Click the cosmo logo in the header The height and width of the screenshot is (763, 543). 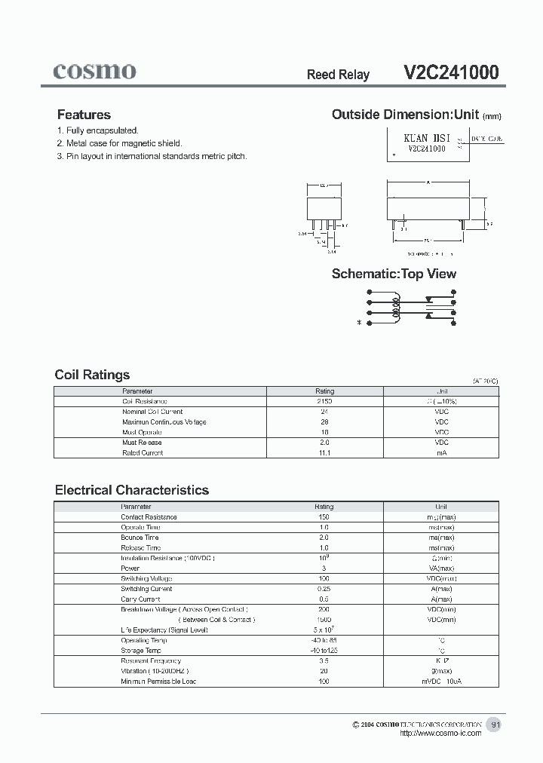click(94, 71)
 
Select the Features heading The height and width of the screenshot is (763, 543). click(84, 115)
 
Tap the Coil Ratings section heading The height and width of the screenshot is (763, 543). click(92, 375)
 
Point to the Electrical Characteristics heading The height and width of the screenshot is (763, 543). click(131, 490)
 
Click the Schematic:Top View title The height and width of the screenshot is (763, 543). click(394, 274)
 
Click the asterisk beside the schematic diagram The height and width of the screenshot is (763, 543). click(360, 323)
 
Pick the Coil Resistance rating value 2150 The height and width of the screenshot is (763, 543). click(324, 402)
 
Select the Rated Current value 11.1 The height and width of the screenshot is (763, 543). click(324, 452)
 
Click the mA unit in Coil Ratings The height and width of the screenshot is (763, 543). click(441, 452)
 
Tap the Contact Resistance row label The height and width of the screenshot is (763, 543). click(149, 517)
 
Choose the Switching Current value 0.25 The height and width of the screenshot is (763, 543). click(324, 589)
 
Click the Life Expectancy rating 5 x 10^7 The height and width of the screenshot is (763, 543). click(324, 629)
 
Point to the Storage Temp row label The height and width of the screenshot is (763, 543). click(141, 650)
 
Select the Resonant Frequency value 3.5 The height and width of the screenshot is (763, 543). click(324, 660)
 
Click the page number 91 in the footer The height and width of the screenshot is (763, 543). click(495, 725)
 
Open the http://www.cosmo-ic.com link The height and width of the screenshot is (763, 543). click(440, 734)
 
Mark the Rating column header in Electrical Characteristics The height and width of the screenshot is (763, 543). click(324, 507)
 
